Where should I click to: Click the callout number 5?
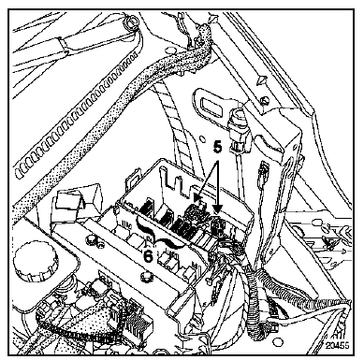[x=218, y=147]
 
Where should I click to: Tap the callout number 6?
[x=148, y=255]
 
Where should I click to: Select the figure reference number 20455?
[x=338, y=346]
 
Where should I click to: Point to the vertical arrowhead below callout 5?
[x=218, y=209]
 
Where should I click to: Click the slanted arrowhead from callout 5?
[x=197, y=198]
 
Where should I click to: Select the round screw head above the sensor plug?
[x=266, y=100]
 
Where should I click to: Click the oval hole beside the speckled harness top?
[x=170, y=50]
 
